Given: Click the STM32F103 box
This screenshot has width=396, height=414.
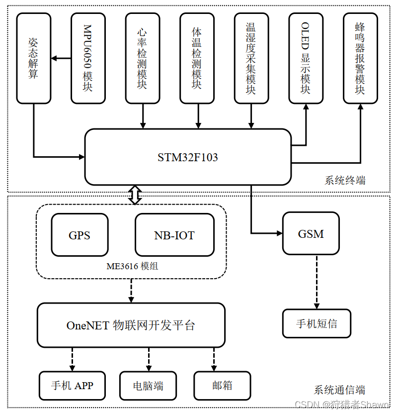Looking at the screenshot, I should (x=188, y=157).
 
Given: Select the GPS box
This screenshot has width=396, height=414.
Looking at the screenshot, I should (x=79, y=235).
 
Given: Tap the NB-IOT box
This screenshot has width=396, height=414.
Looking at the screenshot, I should (x=174, y=235).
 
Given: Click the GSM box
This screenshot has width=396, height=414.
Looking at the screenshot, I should (x=311, y=233).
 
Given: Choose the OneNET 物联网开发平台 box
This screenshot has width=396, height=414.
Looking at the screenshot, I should (x=131, y=325).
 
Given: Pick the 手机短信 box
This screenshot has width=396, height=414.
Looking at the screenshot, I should (x=317, y=323).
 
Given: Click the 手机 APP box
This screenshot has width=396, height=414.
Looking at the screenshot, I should (x=72, y=386).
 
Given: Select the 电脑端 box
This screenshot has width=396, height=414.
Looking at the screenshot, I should (x=148, y=386).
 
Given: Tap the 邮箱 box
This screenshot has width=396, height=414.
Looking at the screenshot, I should (x=222, y=386).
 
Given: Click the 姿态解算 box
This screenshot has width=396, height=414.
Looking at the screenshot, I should (x=34, y=58).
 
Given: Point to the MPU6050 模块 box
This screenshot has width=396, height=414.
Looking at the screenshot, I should (x=88, y=58).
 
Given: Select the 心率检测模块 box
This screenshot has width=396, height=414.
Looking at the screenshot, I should (x=143, y=58).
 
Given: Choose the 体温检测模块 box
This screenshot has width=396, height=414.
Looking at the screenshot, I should (x=197, y=58).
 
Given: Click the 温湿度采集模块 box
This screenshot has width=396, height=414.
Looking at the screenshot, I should (x=251, y=58).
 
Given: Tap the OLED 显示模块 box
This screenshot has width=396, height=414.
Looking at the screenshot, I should (x=306, y=58).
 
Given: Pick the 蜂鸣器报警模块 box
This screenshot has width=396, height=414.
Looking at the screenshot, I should (x=360, y=58).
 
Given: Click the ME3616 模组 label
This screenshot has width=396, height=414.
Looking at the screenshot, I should (x=132, y=266).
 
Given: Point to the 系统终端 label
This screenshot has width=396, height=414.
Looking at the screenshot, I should (x=345, y=180).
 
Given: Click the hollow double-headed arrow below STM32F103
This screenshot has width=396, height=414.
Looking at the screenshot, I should (x=135, y=195).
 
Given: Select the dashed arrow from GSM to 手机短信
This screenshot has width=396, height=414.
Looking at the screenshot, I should (x=316, y=282).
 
